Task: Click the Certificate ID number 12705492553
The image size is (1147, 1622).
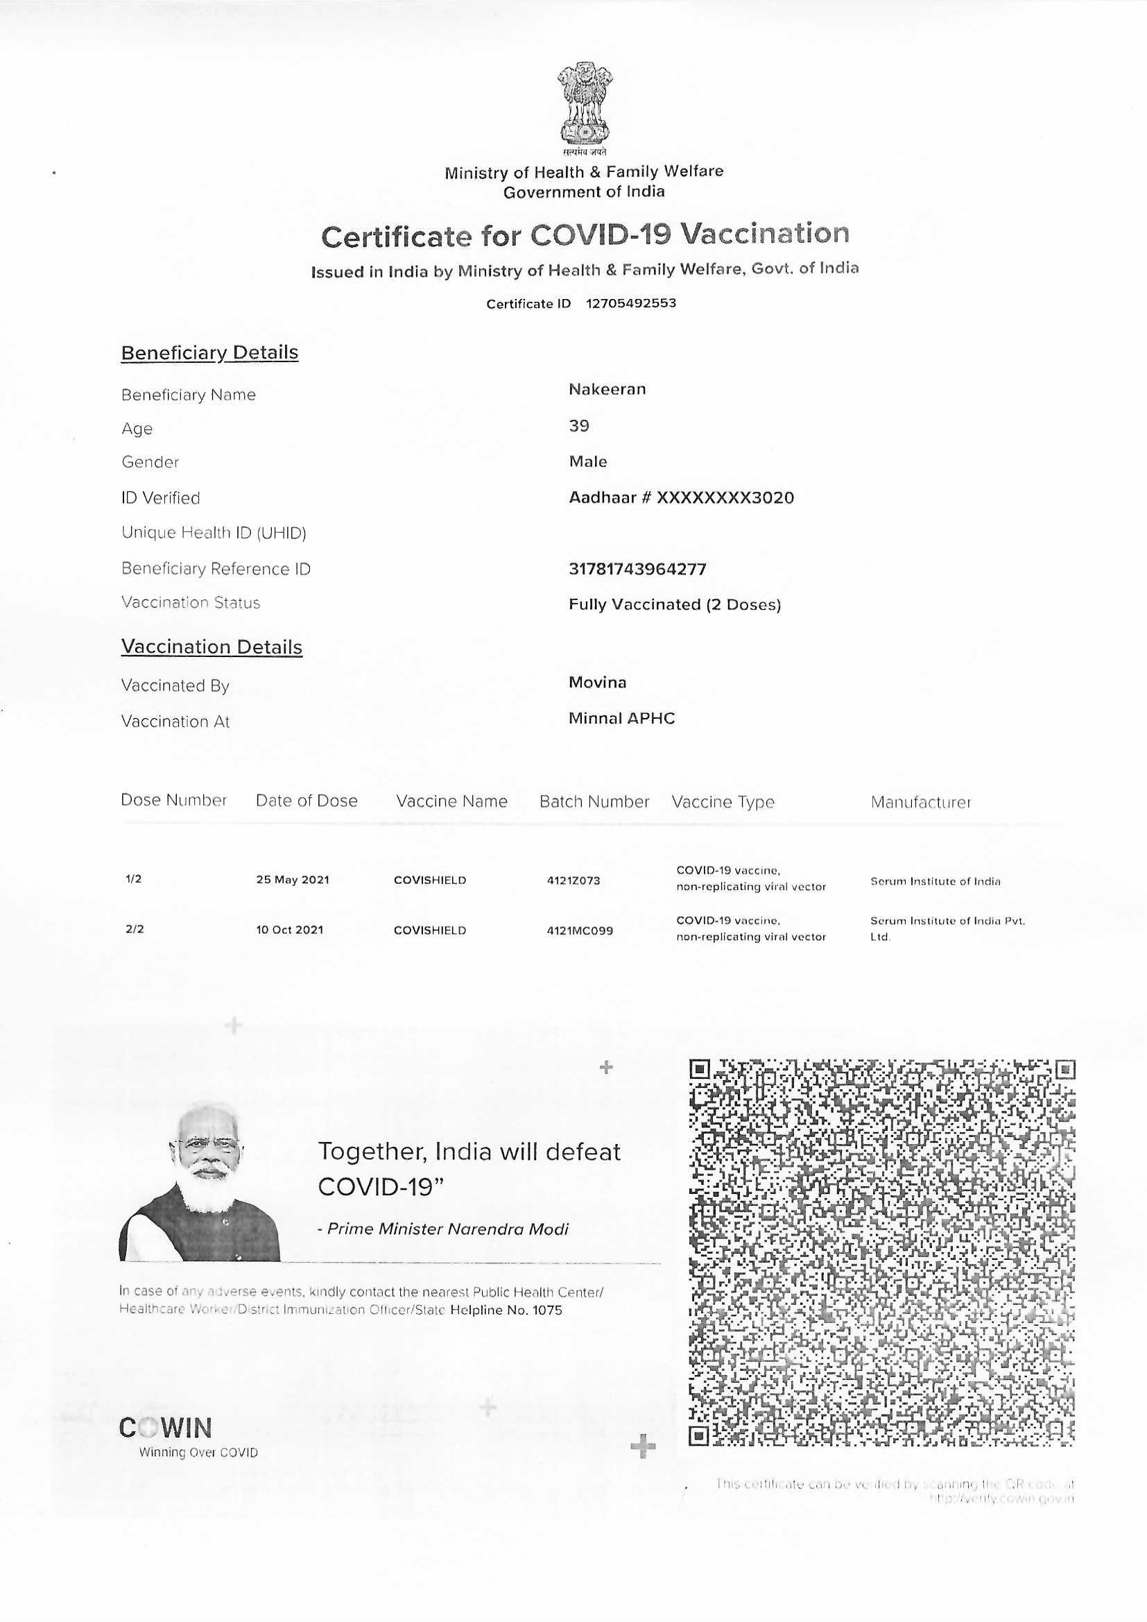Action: tap(630, 303)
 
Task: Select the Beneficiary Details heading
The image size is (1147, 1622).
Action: tap(209, 352)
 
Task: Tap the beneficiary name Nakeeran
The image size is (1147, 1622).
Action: tap(607, 389)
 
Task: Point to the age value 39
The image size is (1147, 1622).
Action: tap(579, 425)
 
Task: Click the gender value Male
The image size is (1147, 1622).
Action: tap(588, 461)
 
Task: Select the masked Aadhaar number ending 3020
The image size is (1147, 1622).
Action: tap(725, 497)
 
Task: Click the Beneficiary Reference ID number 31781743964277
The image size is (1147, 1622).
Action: tap(637, 569)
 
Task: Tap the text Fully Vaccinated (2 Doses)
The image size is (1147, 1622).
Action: tap(675, 605)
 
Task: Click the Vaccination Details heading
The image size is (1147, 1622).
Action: tap(212, 647)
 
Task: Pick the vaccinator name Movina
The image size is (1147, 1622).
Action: tap(598, 683)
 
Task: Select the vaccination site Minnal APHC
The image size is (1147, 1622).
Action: tap(621, 719)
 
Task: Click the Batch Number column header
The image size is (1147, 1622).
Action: tap(594, 802)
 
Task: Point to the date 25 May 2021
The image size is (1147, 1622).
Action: tap(293, 880)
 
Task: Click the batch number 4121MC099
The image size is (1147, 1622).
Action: tap(580, 930)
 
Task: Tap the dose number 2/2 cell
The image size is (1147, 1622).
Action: tap(135, 929)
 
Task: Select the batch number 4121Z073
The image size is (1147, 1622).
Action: tap(573, 880)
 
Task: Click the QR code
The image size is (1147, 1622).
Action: tap(881, 1252)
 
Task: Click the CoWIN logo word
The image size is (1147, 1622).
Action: tap(166, 1428)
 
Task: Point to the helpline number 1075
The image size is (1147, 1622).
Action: tap(547, 1310)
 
